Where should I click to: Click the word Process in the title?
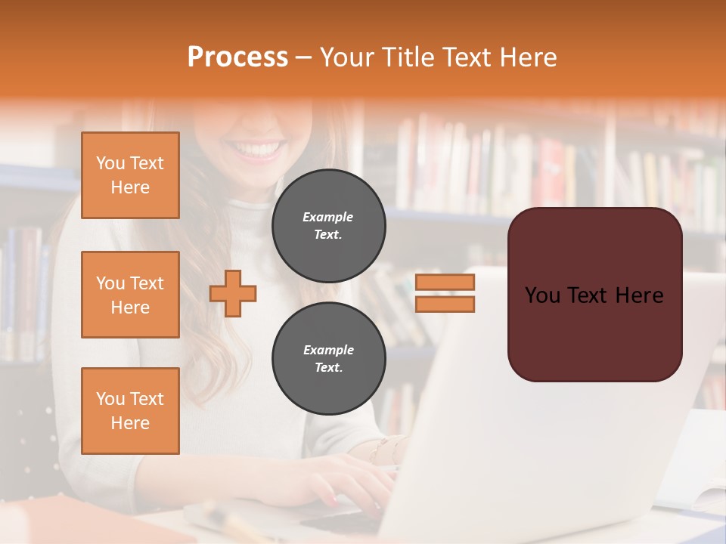pos(237,57)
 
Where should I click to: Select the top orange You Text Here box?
pos(130,175)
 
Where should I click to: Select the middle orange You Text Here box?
pos(130,295)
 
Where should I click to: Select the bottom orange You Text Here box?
pos(130,411)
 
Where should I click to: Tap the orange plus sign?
pos(233,293)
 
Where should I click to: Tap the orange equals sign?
pos(445,293)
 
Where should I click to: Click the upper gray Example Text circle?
pos(328,226)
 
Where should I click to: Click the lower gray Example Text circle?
pos(328,359)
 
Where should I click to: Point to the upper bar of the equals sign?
pos(445,283)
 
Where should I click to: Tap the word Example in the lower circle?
pos(328,350)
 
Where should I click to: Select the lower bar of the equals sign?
pos(445,304)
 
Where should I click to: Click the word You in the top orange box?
pos(110,163)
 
